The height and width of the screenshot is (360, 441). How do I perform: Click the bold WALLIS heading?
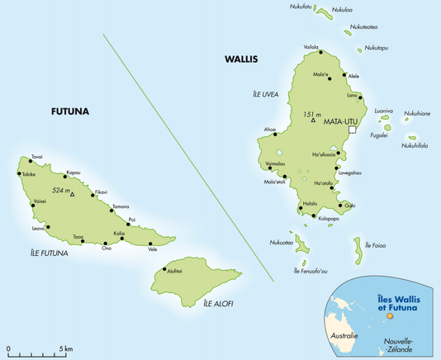click(x=241, y=59)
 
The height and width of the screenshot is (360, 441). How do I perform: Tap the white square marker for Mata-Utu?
click(x=352, y=130)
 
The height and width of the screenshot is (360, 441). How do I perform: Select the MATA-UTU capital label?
click(x=344, y=121)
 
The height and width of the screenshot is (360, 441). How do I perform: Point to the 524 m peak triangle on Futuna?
click(x=73, y=194)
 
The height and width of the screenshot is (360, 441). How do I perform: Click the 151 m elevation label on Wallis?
click(x=312, y=114)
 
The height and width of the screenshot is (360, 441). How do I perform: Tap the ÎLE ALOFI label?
click(x=218, y=304)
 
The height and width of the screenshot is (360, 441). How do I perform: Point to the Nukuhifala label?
click(x=415, y=145)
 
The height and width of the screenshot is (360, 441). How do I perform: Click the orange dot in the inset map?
click(x=391, y=313)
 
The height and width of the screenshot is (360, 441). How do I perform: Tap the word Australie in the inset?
click(x=344, y=336)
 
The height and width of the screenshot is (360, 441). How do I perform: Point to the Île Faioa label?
click(x=374, y=245)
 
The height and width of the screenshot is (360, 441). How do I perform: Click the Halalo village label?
click(x=311, y=203)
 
